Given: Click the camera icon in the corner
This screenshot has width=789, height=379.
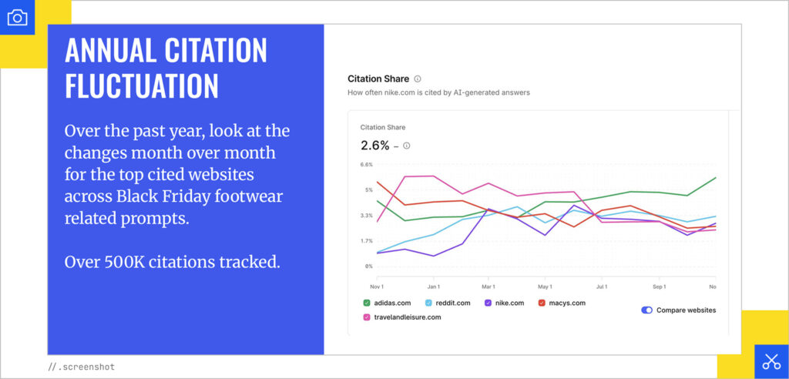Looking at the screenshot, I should click(x=17, y=17).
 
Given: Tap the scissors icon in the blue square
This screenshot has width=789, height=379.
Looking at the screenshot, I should click(x=771, y=361).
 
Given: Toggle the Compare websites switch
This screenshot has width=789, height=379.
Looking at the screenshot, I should click(x=647, y=310).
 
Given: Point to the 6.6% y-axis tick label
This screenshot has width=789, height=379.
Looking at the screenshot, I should click(x=367, y=165).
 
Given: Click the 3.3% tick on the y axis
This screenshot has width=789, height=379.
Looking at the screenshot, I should click(x=367, y=216).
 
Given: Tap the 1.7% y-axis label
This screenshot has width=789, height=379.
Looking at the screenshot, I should click(x=367, y=241).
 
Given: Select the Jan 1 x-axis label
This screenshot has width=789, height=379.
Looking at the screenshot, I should click(x=433, y=287).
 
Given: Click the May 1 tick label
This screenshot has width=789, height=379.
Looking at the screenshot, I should click(x=546, y=287).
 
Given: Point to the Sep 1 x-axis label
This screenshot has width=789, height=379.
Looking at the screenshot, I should click(x=659, y=287).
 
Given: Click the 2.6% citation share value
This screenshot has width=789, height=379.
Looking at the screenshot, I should click(x=374, y=145).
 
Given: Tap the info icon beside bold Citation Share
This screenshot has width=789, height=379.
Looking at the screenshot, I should click(x=418, y=79).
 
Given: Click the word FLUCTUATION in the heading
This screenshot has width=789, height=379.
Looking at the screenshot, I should click(x=141, y=86).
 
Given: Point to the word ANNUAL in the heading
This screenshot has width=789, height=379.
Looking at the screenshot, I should click(x=108, y=50).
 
